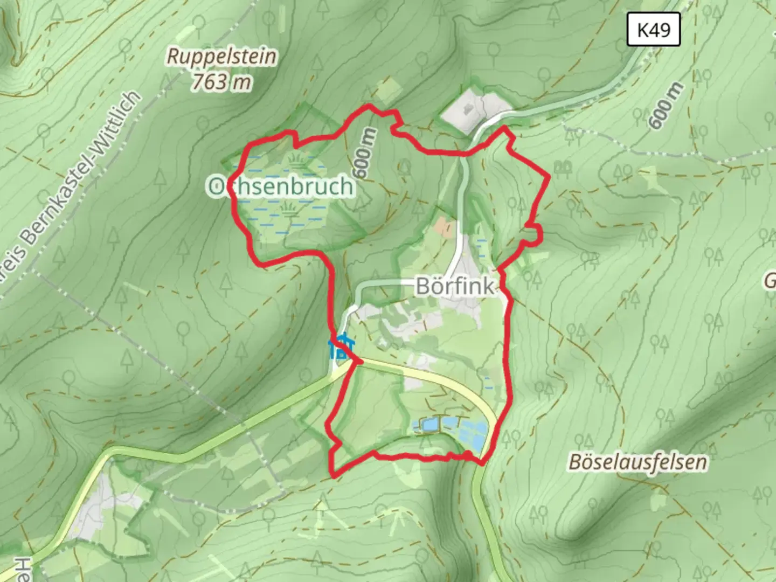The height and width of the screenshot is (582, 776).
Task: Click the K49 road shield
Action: (x=654, y=30)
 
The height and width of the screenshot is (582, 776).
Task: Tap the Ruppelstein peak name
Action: (x=222, y=57)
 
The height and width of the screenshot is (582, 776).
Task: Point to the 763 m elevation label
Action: (x=222, y=82)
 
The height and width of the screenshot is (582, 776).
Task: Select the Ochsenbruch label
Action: (x=281, y=186)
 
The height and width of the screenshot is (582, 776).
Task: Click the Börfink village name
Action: (x=455, y=286)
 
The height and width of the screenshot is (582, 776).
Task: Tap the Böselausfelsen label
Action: (x=638, y=462)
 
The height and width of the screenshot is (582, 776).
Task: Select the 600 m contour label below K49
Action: (x=666, y=106)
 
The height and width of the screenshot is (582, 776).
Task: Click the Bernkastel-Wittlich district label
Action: (x=75, y=183)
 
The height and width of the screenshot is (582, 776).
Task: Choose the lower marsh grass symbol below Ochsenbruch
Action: (x=291, y=209)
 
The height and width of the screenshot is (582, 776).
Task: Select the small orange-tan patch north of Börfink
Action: (x=446, y=227)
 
